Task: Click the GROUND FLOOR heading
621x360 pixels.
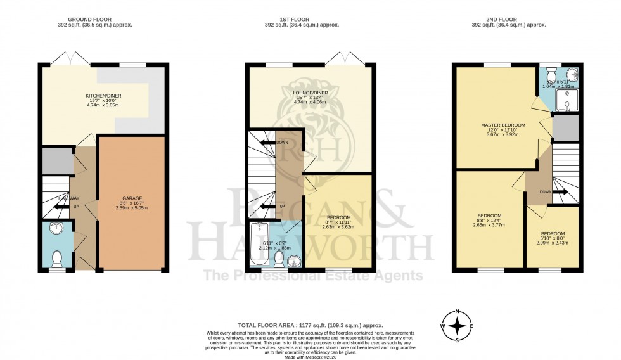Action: click(104, 20)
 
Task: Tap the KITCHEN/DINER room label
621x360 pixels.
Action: click(104, 96)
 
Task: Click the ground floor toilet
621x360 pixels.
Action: click(57, 258)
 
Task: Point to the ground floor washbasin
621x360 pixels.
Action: click(57, 229)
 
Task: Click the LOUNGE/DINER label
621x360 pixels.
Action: click(310, 93)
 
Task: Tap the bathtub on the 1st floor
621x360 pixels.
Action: click(260, 245)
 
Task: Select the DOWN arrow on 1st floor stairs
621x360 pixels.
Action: click(269, 143)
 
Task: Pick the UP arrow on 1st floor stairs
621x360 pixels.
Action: click(269, 206)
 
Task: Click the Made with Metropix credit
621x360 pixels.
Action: click(310, 356)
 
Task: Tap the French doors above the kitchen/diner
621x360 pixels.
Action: click(67, 59)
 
